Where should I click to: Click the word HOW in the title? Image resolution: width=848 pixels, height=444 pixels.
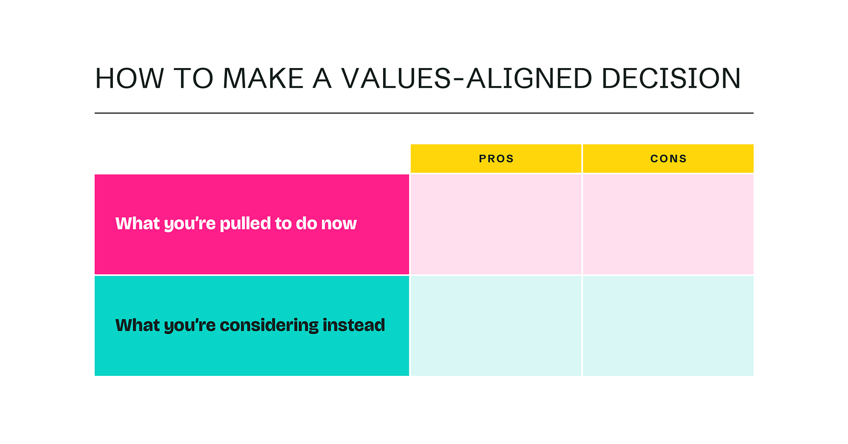tap(129, 79)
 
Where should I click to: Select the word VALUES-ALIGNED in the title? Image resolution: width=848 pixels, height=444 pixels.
tap(467, 79)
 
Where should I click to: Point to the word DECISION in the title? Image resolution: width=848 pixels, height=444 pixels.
tap(671, 79)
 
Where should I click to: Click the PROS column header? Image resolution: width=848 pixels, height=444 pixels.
tap(496, 158)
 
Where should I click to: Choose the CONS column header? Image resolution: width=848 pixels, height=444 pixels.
tap(668, 158)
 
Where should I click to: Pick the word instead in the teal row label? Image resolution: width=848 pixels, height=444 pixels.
tap(354, 325)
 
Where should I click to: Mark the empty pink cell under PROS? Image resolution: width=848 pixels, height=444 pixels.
tap(496, 224)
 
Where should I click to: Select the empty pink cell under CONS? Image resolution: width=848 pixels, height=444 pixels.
tap(668, 224)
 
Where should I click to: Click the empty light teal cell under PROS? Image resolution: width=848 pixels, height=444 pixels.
tap(496, 326)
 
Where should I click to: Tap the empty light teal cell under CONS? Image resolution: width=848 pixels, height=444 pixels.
tap(668, 326)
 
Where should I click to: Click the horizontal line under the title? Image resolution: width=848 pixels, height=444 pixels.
tap(424, 113)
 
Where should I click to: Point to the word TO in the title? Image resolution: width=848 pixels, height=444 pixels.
tap(193, 79)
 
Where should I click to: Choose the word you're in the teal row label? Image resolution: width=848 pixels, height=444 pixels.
tap(190, 326)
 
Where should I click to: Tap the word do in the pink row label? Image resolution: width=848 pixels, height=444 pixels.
tap(306, 223)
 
